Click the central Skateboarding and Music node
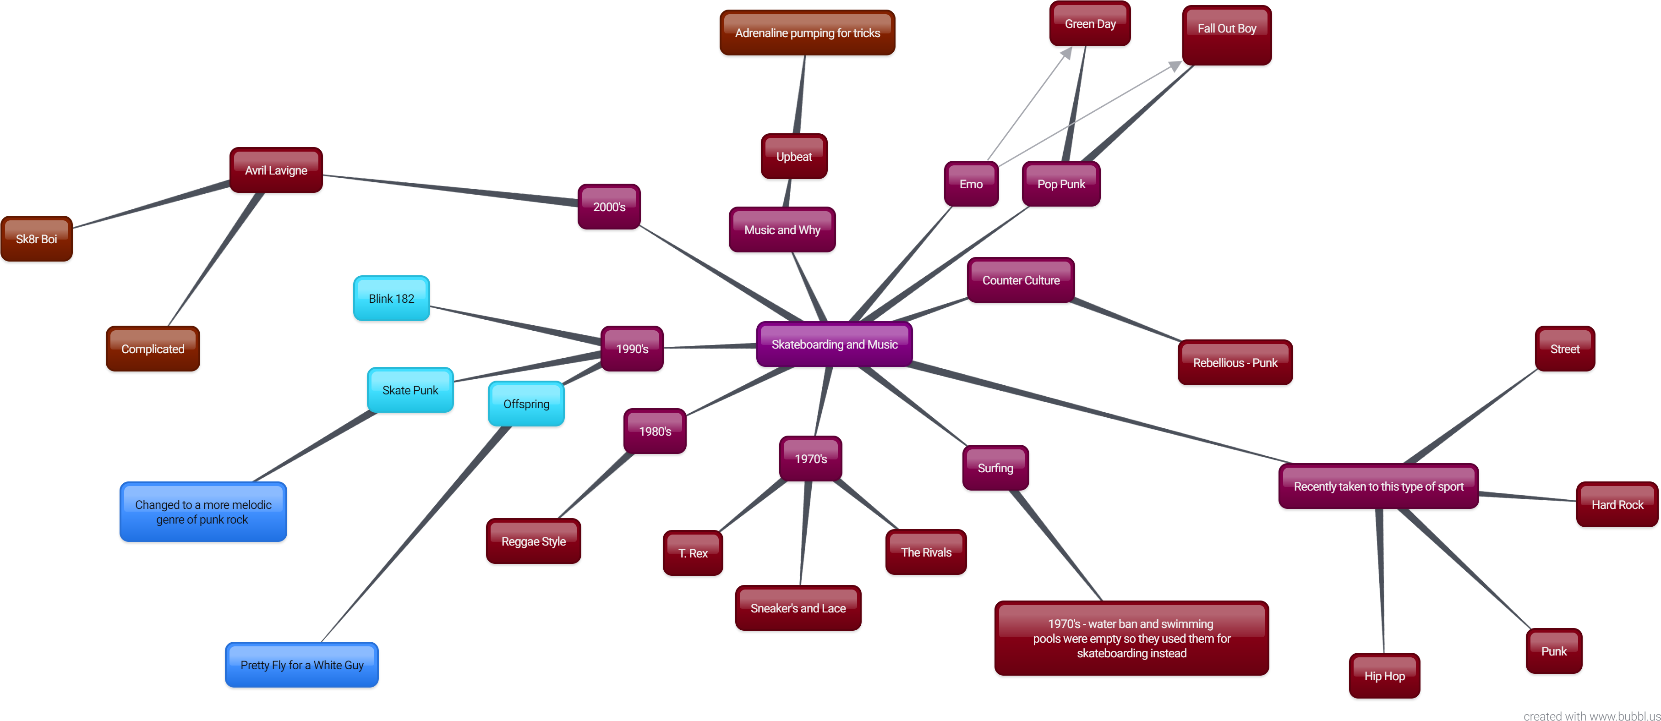click(x=834, y=344)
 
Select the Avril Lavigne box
click(x=276, y=170)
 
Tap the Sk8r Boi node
click(x=36, y=239)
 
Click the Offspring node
click(x=526, y=404)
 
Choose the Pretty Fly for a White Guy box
click(x=302, y=665)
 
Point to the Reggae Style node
click(x=533, y=541)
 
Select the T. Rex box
click(x=693, y=553)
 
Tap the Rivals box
click(x=926, y=552)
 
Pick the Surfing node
click(x=995, y=468)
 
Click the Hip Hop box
click(x=1384, y=676)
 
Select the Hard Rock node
click(x=1617, y=504)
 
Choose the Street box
click(x=1565, y=349)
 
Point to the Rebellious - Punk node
click(x=1235, y=362)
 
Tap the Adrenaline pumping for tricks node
click(x=807, y=33)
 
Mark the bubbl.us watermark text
click(x=1591, y=715)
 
